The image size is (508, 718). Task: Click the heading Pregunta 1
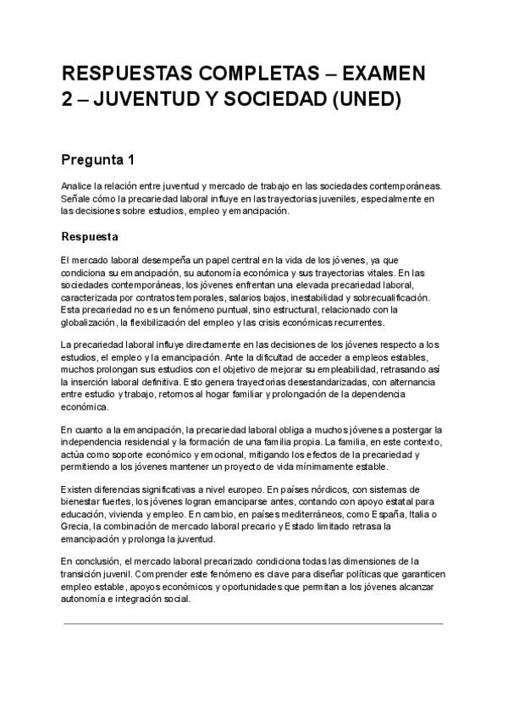(97, 159)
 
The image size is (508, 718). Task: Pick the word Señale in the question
(75, 199)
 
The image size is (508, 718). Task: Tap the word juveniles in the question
(343, 199)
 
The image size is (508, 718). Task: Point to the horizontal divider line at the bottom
(254, 624)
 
